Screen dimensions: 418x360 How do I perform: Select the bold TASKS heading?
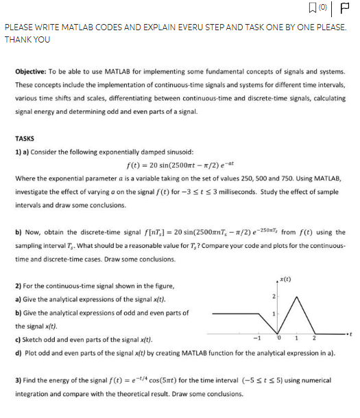click(x=25, y=138)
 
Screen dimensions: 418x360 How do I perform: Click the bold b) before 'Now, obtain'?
click(x=18, y=233)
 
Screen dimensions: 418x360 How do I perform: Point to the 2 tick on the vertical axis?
click(x=272, y=296)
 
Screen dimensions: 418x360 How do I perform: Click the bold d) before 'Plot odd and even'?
click(x=18, y=352)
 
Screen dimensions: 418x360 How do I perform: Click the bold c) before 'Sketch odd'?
click(x=18, y=339)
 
